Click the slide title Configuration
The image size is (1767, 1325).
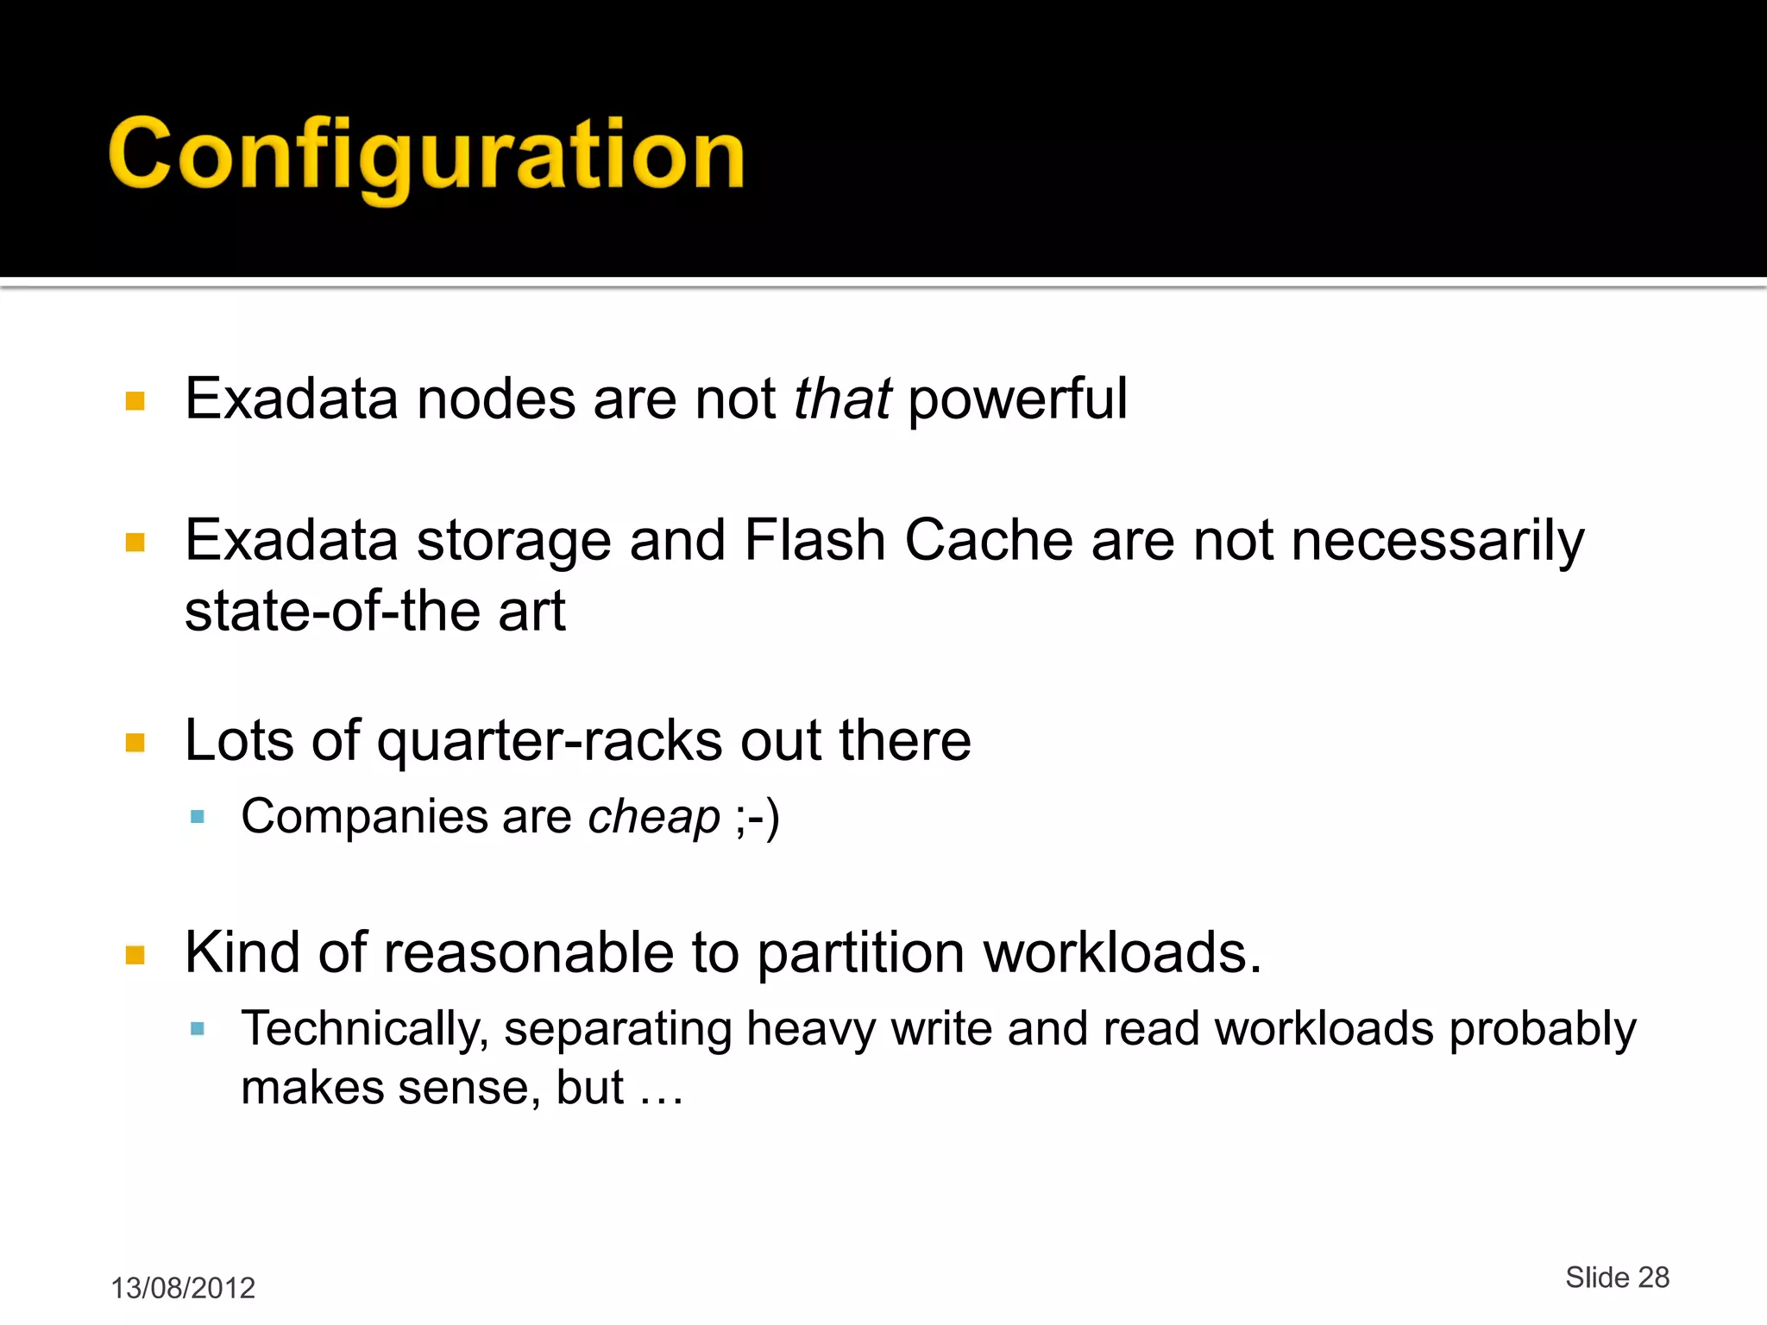click(426, 155)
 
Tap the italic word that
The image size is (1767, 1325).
click(841, 399)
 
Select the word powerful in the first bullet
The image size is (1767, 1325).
click(1017, 400)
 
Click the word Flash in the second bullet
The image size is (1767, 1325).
click(814, 541)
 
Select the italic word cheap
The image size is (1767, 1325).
click(653, 818)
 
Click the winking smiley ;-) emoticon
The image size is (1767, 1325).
click(758, 818)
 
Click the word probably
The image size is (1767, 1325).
click(1542, 1030)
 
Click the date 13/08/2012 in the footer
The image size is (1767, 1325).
click(183, 1288)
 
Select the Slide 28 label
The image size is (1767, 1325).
click(1617, 1278)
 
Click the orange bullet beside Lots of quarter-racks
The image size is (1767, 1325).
click(135, 743)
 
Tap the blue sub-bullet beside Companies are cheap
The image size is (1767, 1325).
click(198, 817)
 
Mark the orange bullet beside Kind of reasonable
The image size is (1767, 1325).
click(135, 954)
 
